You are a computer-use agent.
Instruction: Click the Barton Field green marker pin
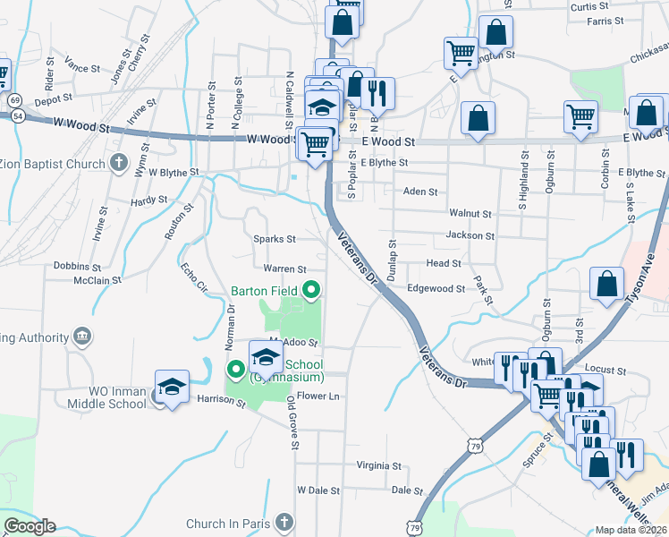pos(311,290)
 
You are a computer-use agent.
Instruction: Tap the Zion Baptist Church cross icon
pos(118,163)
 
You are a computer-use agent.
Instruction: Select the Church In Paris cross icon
pos(283,523)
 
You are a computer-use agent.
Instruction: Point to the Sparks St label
pos(274,240)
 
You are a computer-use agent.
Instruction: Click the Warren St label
pos(284,268)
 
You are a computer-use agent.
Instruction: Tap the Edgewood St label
pos(436,289)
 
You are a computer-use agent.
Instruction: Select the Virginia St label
pos(378,465)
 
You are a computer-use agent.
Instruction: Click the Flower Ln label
pos(319,396)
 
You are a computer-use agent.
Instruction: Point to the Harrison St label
pos(221,402)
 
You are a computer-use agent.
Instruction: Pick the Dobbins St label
pos(77,267)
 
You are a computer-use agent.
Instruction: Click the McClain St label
pos(97,280)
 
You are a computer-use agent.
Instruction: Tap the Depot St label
pos(53,101)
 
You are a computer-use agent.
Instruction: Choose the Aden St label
pos(420,192)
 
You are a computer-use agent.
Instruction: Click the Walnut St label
pos(470,214)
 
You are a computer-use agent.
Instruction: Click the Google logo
pos(29,526)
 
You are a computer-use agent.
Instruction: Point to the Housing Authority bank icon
pos(82,337)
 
